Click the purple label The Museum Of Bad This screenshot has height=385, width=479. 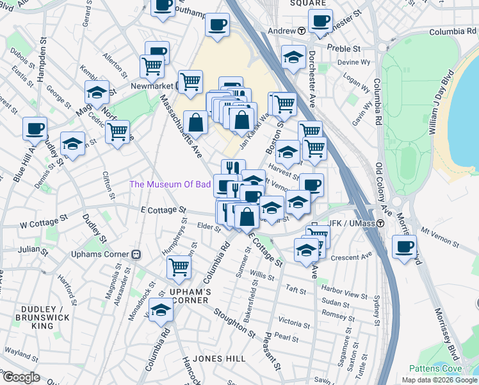pyautogui.click(x=170, y=184)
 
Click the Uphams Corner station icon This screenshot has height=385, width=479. pyautogui.click(x=136, y=254)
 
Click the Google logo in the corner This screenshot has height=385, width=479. pyautogui.click(x=21, y=377)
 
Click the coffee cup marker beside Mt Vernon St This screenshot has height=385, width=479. pyautogui.click(x=404, y=246)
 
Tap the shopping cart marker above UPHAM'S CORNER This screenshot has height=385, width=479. pyautogui.click(x=179, y=266)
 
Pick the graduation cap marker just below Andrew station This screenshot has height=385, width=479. pyautogui.click(x=293, y=57)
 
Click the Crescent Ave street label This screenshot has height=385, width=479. pyautogui.click(x=357, y=255)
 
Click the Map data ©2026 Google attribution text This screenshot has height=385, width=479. pyautogui.click(x=440, y=380)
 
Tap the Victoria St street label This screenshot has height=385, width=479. pyautogui.click(x=295, y=323)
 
